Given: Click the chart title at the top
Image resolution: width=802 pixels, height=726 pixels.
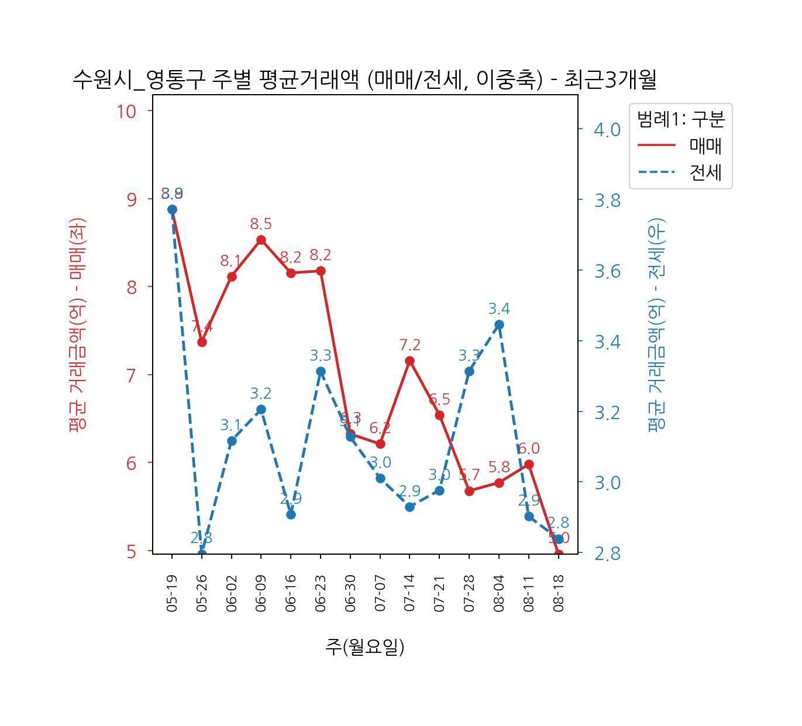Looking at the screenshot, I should click(364, 80).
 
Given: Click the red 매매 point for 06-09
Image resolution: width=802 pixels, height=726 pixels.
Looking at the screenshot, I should click(261, 240).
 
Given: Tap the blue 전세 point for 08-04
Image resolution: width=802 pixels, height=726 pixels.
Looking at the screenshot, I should click(499, 325).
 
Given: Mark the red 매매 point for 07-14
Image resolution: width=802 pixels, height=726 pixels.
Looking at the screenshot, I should click(409, 361).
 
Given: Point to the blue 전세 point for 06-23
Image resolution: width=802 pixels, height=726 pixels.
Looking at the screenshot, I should click(321, 371).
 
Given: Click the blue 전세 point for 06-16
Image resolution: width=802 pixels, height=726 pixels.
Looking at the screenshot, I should click(291, 514).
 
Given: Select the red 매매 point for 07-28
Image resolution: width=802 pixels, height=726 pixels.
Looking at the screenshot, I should click(469, 491).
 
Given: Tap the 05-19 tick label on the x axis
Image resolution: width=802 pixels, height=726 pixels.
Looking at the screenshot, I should click(172, 593).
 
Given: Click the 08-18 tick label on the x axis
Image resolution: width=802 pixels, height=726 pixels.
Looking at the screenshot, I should click(559, 593).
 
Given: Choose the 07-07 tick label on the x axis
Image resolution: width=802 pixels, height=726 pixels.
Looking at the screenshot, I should click(380, 593).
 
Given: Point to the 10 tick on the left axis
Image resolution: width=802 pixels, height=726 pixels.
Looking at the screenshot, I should click(127, 111).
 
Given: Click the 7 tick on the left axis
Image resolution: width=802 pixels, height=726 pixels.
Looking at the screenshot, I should click(132, 375).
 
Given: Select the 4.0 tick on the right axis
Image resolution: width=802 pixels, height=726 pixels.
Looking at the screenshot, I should click(607, 129).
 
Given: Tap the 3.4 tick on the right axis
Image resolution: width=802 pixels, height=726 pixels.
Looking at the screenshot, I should click(607, 341).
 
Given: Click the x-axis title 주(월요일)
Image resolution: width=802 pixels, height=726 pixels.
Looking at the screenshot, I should click(364, 647).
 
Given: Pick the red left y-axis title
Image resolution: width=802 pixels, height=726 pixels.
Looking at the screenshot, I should click(77, 324).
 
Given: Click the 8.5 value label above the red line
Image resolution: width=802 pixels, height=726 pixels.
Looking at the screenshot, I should click(261, 224).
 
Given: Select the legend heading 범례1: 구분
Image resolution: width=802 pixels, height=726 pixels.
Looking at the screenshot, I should click(680, 119).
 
